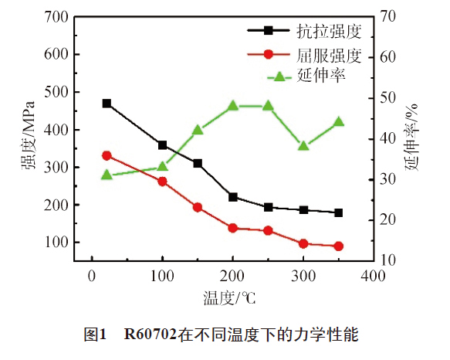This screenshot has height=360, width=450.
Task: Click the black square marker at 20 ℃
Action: [107, 104]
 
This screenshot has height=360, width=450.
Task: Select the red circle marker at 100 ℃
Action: [162, 182]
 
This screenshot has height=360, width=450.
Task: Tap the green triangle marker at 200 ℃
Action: [232, 106]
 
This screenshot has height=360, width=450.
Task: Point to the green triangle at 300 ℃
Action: [303, 145]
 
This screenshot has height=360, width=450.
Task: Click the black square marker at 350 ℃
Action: [338, 212]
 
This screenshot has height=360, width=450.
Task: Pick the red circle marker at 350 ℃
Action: [338, 246]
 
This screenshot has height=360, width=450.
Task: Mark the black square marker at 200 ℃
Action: [232, 197]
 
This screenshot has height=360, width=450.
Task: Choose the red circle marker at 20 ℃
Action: [107, 155]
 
